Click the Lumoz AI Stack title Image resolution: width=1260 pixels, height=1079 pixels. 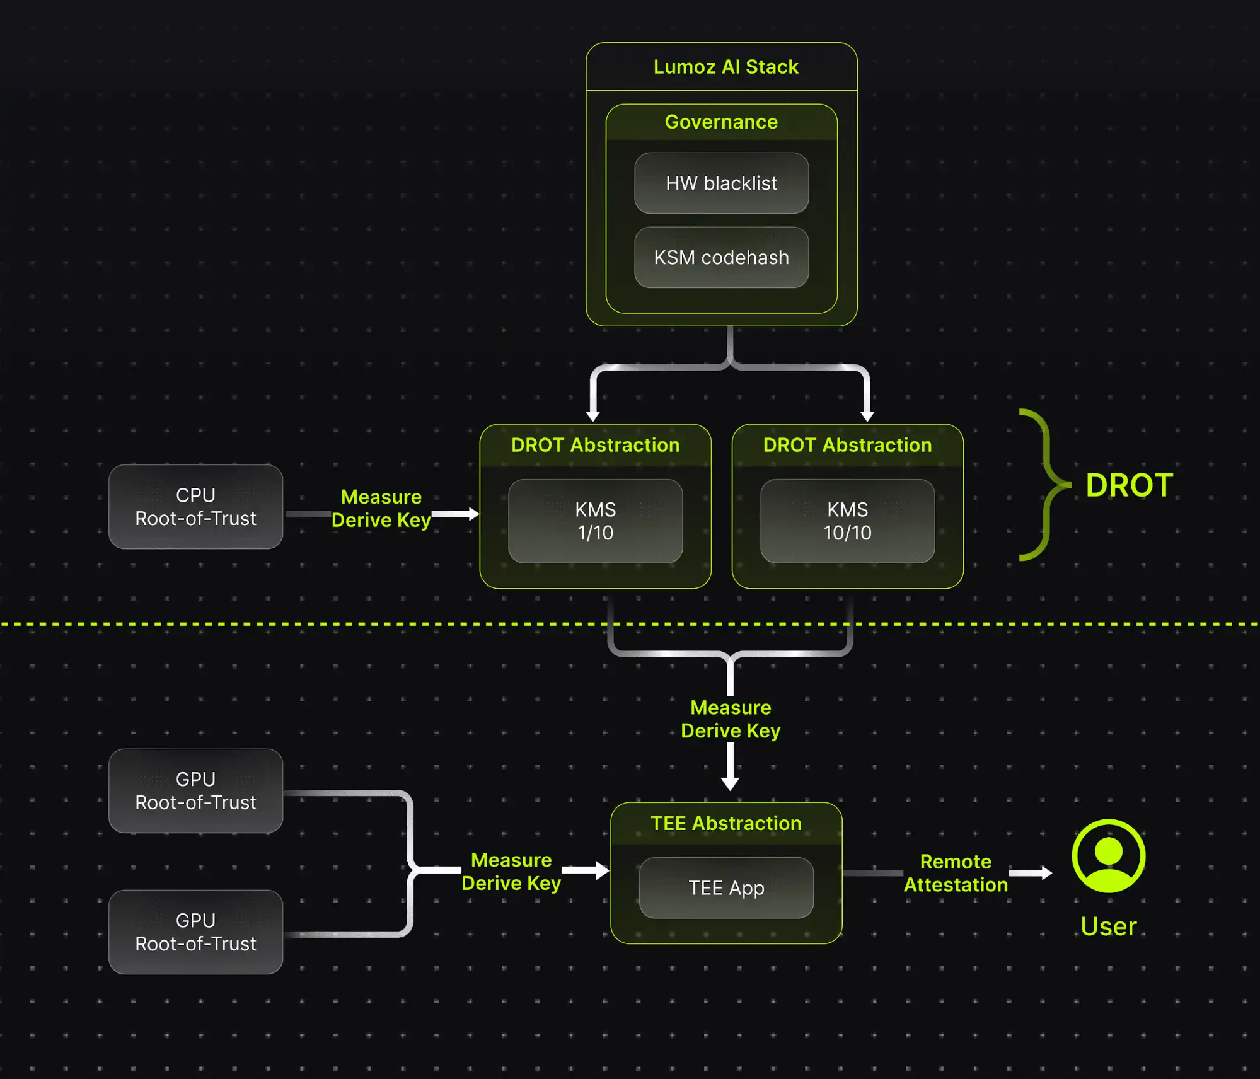pyautogui.click(x=725, y=67)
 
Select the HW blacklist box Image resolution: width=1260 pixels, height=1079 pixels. pyautogui.click(x=721, y=183)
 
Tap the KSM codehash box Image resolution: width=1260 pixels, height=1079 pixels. pyautogui.click(x=721, y=258)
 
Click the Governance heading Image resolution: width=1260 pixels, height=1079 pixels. pyautogui.click(x=721, y=122)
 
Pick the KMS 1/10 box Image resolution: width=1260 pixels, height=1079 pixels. pyautogui.click(x=595, y=521)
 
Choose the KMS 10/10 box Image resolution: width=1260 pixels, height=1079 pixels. pyautogui.click(x=847, y=521)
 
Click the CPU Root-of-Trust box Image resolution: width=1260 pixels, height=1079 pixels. pyautogui.click(x=195, y=507)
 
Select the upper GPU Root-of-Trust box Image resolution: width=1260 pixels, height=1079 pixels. pyautogui.click(x=195, y=791)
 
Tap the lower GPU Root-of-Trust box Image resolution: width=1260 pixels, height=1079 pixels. pyautogui.click(x=195, y=932)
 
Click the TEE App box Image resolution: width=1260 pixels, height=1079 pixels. pyautogui.click(x=726, y=888)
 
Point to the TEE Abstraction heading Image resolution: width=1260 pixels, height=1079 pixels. pyautogui.click(x=726, y=823)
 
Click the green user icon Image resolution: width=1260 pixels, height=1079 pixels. pyautogui.click(x=1108, y=856)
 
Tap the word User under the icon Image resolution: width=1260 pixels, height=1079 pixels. pyautogui.click(x=1108, y=926)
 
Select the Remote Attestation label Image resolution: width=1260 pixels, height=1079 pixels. pyautogui.click(x=956, y=873)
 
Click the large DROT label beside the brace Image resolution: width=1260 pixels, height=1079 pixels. pyautogui.click(x=1129, y=485)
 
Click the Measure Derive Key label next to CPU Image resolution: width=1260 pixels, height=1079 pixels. pyautogui.click(x=381, y=509)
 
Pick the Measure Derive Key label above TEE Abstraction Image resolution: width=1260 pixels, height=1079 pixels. pyautogui.click(x=731, y=719)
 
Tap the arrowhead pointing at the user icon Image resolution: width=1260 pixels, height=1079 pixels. pyautogui.click(x=1046, y=873)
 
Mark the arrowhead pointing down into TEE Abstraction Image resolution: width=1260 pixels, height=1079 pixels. pyautogui.click(x=730, y=783)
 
